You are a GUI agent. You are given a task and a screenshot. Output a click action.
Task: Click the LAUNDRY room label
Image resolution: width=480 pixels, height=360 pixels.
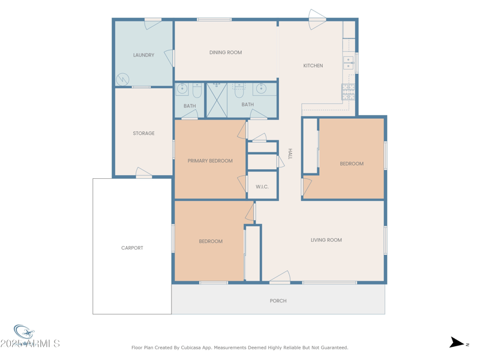point(143,55)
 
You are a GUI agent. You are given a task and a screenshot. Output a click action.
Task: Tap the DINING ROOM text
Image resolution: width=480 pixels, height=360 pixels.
point(226,53)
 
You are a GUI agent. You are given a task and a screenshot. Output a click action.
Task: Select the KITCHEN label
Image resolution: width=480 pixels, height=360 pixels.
point(313,66)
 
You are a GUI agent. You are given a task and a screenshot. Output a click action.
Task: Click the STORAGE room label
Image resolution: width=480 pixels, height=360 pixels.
point(143,134)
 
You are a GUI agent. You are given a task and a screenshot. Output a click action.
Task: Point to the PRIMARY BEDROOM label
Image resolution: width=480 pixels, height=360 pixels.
point(210,161)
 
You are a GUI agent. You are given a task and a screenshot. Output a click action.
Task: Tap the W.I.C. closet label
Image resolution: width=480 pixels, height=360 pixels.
point(262,187)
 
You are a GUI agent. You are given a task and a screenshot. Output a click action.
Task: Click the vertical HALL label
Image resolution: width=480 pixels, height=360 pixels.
point(290,154)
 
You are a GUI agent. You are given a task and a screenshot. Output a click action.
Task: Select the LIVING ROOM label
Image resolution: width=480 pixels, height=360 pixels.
point(326,240)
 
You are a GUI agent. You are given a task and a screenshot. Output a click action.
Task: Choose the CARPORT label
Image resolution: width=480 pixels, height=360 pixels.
point(132,248)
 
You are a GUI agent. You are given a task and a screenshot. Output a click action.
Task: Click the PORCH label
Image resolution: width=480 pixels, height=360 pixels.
point(278,301)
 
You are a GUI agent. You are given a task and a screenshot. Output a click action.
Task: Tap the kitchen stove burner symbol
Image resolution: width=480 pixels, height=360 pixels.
point(348,91)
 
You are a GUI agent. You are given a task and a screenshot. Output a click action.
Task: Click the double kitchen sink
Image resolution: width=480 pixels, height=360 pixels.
point(348,63)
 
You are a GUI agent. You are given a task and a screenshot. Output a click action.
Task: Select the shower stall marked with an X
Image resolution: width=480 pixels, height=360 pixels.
point(217,100)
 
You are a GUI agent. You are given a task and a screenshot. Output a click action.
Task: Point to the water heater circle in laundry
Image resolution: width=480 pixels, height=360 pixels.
point(122,79)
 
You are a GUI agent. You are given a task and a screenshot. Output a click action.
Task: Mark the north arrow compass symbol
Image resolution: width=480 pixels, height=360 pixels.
point(457,343)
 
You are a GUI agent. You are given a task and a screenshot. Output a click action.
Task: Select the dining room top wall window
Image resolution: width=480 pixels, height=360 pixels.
point(214,20)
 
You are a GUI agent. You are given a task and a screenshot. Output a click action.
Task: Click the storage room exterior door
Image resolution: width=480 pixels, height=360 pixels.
point(144,173)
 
